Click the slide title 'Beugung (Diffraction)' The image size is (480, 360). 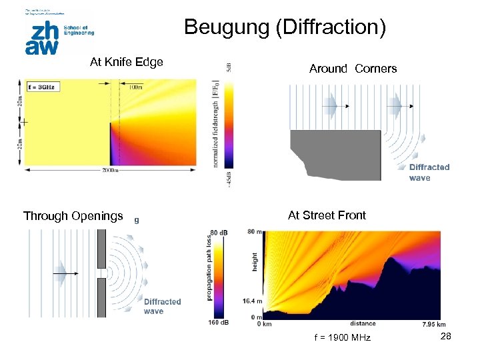285,27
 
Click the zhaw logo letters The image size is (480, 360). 41,38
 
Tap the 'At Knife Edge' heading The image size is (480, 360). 127,63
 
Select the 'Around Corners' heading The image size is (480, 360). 353,69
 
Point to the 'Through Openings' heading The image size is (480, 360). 73,216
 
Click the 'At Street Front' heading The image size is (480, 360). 327,215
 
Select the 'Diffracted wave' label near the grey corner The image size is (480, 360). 429,173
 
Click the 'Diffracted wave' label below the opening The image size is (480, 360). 162,307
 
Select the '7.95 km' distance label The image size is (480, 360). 434,325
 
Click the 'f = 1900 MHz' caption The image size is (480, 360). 342,339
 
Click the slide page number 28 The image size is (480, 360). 446,337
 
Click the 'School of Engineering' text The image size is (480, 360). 79,30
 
